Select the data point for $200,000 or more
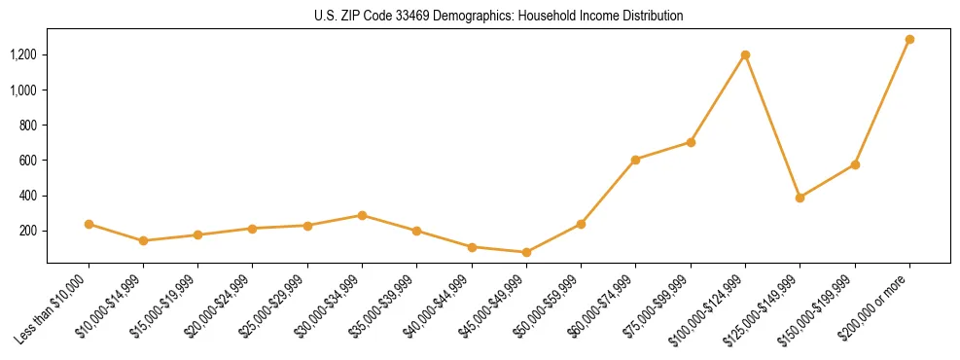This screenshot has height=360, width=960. pos(909,40)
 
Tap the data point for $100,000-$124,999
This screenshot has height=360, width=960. pos(745,54)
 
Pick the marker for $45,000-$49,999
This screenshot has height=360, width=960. pos(526,252)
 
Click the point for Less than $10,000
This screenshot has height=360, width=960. pos(89,224)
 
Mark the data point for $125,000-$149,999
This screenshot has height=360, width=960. pos(800,198)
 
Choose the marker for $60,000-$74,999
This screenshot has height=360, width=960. pos(635,160)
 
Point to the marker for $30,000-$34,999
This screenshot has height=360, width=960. pos(362,215)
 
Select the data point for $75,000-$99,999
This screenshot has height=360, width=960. pos(691,142)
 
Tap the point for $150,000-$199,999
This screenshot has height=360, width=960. pos(855,164)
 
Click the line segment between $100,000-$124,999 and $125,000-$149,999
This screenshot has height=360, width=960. pos(772,126)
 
